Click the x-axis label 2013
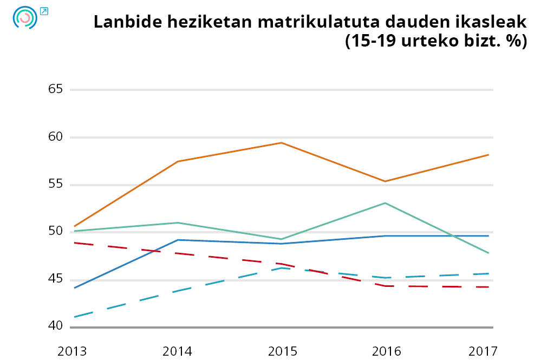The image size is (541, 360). pyautogui.click(x=73, y=351)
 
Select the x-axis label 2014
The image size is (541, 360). pyautogui.click(x=178, y=351)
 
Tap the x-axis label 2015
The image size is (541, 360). pyautogui.click(x=282, y=351)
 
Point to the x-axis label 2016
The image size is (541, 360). pyautogui.click(x=387, y=351)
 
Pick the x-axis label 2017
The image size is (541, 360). pyautogui.click(x=483, y=351)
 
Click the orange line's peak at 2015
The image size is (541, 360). pyautogui.click(x=281, y=143)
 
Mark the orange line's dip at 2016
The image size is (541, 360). pyautogui.click(x=385, y=181)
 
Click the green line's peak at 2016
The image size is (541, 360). pyautogui.click(x=385, y=203)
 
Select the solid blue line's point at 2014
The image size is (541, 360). pyautogui.click(x=178, y=240)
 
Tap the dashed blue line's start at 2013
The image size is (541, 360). pyautogui.click(x=74, y=317)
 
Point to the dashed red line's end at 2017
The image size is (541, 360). pyautogui.click(x=489, y=287)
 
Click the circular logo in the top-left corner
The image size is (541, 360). pyautogui.click(x=24, y=18)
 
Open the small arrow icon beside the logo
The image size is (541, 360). pyautogui.click(x=44, y=11)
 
